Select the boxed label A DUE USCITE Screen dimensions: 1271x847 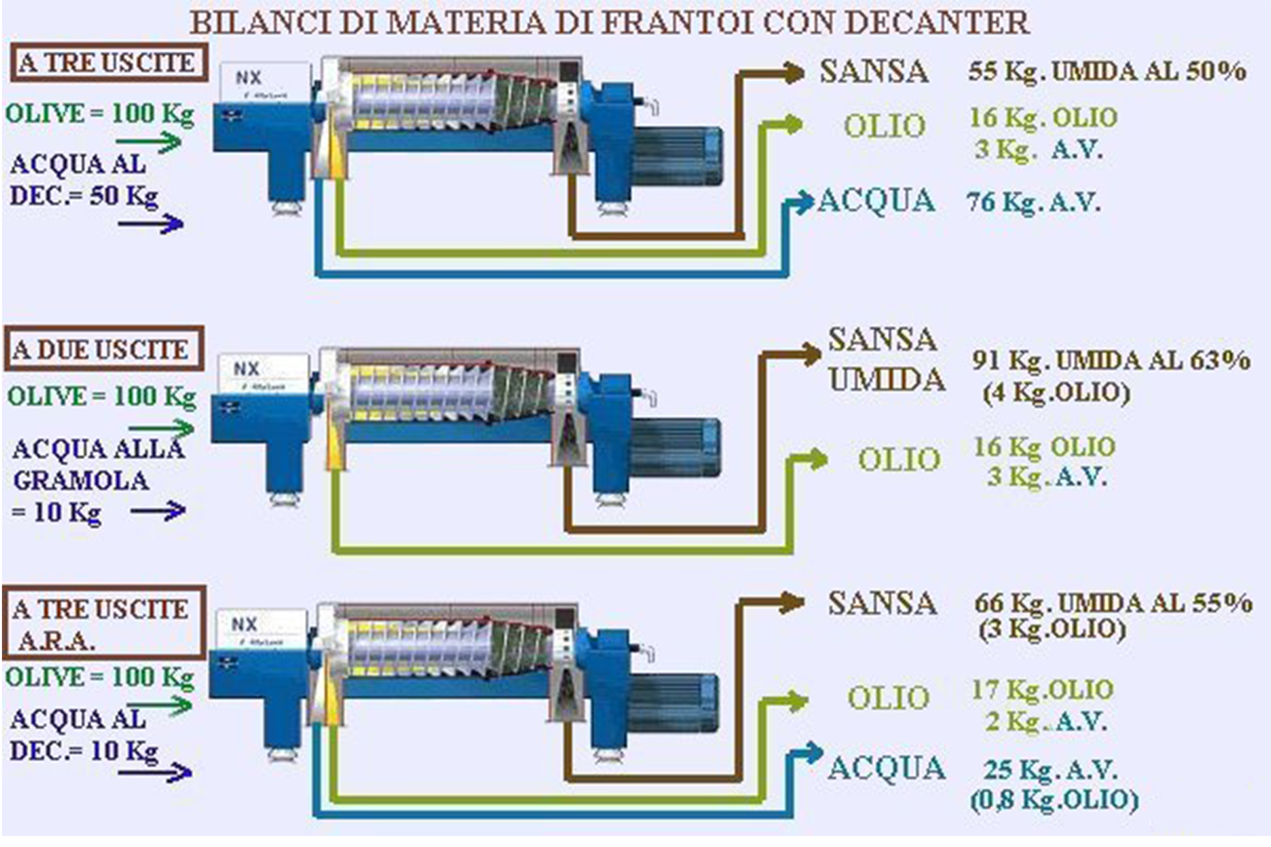pyautogui.click(x=104, y=348)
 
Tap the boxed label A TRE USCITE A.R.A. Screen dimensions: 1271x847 pyautogui.click(x=104, y=623)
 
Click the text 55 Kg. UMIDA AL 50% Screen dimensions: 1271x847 pyautogui.click(x=1107, y=72)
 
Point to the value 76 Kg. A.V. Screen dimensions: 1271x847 pyautogui.click(x=1033, y=202)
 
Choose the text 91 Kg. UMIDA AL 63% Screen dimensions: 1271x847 pyautogui.click(x=1111, y=360)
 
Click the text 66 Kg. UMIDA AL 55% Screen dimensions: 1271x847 pyautogui.click(x=1113, y=603)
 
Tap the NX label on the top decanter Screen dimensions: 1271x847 pyautogui.click(x=249, y=78)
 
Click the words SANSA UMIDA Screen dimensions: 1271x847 pyautogui.click(x=886, y=359)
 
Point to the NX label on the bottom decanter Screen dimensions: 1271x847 pyautogui.click(x=244, y=624)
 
